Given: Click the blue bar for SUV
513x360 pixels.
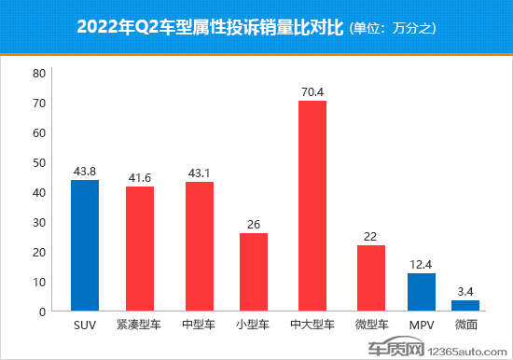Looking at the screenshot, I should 85,245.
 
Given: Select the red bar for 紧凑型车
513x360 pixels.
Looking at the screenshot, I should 140,249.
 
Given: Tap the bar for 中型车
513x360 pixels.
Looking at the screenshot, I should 199,246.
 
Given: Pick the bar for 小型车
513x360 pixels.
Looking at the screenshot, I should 254,271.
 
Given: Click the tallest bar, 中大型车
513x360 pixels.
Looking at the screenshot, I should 312,205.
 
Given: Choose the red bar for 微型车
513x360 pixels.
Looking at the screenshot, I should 371,278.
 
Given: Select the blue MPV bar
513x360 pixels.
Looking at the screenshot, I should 422,292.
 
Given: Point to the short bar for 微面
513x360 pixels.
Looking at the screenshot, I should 465,306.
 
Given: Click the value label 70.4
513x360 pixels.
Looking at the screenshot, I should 312,91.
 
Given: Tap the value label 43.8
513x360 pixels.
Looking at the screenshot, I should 85,171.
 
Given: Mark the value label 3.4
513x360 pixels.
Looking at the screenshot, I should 465,291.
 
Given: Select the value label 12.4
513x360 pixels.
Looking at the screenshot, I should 422,264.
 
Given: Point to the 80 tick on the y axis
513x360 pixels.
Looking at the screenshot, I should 38,73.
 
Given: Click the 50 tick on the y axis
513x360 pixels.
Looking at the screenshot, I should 38,162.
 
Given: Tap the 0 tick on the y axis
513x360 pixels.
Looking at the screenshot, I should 42,312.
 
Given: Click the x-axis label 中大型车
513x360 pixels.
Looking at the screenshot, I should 312,326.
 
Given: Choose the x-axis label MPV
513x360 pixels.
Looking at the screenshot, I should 422,326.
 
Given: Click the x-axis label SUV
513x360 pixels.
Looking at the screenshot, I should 85,326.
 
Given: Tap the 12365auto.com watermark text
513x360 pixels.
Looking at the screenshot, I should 474,350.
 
